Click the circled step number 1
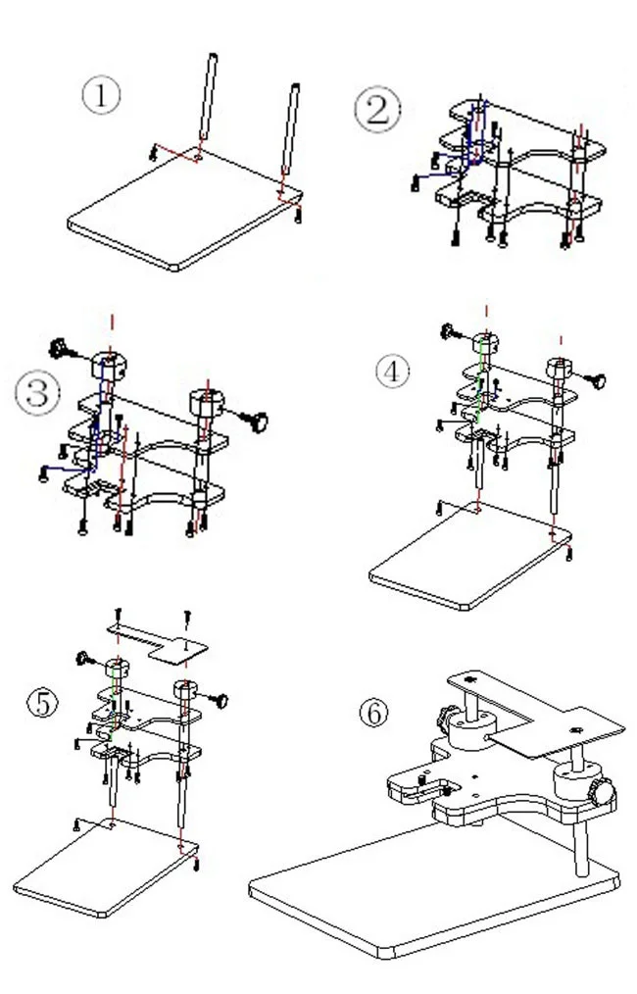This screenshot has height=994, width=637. coord(101,96)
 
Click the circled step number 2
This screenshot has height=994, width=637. coord(377,110)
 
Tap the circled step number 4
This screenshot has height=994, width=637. coord(393,371)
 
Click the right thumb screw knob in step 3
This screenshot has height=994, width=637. coord(258,422)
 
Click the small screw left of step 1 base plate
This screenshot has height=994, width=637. coord(153,151)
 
